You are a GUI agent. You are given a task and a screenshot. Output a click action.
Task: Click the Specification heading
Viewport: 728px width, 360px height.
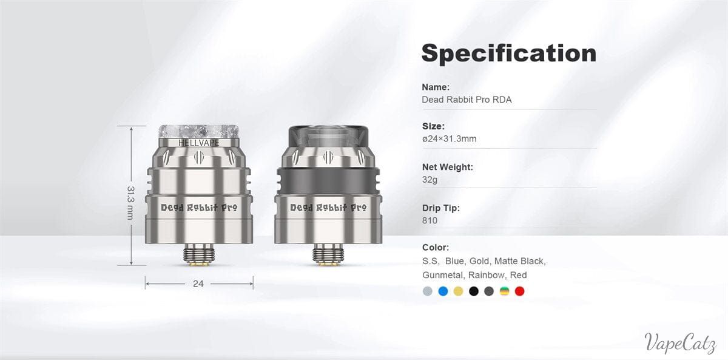(x=509, y=53)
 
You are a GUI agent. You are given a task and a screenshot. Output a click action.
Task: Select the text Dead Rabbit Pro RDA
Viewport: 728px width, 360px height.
(x=467, y=100)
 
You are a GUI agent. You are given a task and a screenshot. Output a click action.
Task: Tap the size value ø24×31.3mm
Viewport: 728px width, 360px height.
(x=449, y=139)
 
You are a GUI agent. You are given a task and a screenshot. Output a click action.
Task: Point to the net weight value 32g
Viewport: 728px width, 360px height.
(x=430, y=180)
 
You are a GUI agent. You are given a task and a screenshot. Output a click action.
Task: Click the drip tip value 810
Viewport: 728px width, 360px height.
(x=430, y=220)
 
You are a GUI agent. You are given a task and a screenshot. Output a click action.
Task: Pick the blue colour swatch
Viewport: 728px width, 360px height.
(x=443, y=291)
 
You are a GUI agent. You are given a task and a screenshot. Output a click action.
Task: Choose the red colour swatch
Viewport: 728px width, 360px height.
(x=520, y=291)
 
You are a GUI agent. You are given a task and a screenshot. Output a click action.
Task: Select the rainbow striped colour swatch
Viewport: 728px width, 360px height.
(x=504, y=291)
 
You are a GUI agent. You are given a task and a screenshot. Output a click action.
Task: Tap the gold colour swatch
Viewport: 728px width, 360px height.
(x=458, y=291)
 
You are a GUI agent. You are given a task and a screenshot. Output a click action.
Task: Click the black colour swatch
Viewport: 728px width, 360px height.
(x=474, y=291)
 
